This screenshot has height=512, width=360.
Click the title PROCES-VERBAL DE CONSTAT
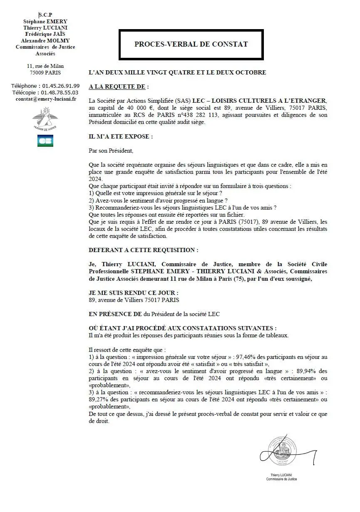[191, 44]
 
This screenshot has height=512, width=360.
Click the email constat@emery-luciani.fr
[46, 99]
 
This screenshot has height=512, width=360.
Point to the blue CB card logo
[45, 141]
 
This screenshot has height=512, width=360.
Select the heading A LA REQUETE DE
[117, 87]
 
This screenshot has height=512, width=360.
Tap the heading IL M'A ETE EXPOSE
[121, 136]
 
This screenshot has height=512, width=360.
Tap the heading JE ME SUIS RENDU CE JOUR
[134, 293]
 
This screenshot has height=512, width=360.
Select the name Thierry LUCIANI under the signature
[281, 475]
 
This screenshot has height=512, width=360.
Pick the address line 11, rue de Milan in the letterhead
[45, 66]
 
